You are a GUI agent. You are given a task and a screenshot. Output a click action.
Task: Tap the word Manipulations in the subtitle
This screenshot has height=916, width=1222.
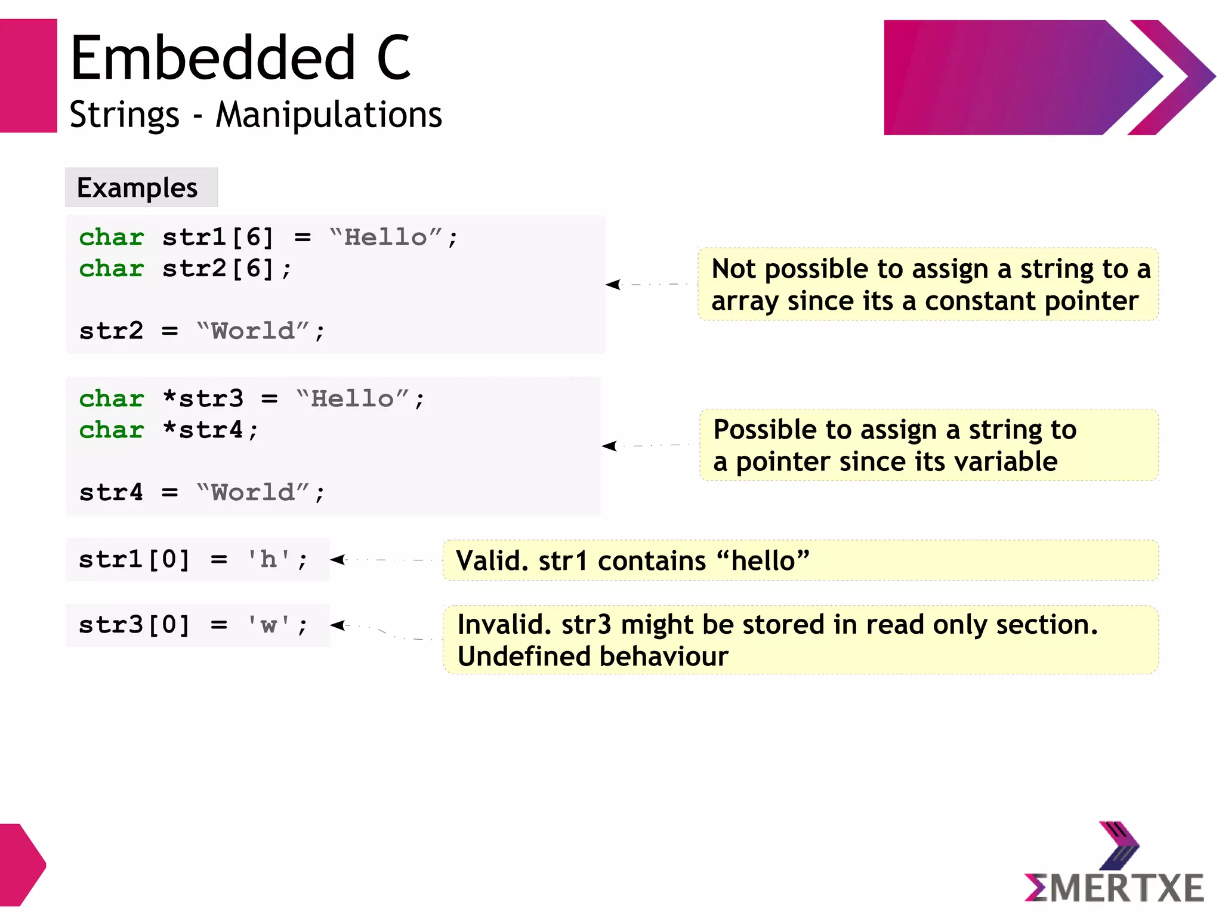(x=329, y=115)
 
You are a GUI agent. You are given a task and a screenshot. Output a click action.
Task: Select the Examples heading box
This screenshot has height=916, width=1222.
(x=141, y=188)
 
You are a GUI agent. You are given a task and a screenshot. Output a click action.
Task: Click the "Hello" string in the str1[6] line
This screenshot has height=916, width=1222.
(x=385, y=238)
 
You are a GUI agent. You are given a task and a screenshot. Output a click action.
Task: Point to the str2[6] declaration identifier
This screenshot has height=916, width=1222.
(x=218, y=269)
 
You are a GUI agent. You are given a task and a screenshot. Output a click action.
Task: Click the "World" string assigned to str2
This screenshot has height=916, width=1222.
(x=254, y=331)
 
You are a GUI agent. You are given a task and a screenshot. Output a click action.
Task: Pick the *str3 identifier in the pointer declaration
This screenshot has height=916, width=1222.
(x=203, y=399)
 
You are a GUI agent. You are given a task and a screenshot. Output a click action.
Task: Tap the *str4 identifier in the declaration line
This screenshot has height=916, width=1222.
(x=203, y=430)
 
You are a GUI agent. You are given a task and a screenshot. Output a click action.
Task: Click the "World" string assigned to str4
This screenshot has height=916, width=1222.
(x=254, y=493)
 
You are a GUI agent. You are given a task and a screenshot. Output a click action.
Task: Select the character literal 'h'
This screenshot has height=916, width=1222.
(x=269, y=560)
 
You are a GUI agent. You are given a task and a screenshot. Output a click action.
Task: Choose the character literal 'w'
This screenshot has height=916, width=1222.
(x=269, y=625)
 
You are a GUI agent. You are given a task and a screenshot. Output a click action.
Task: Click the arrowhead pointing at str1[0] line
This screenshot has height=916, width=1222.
(x=337, y=560)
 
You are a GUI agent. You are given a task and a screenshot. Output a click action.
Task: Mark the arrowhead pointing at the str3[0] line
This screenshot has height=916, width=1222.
(x=337, y=625)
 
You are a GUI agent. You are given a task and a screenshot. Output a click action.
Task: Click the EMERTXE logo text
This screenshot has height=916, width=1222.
(x=1114, y=887)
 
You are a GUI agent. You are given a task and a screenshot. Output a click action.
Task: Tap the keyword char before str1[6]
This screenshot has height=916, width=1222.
(x=112, y=238)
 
